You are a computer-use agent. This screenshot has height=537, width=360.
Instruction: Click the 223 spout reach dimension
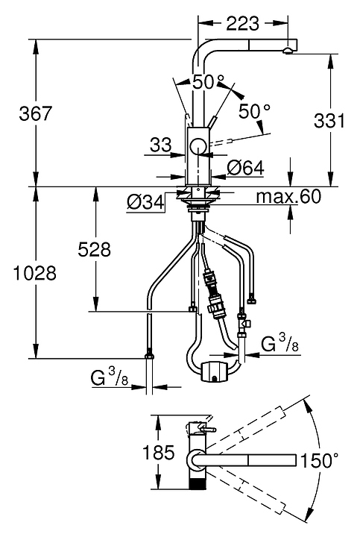(x=243, y=24)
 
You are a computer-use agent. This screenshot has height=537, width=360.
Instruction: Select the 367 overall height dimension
(x=36, y=113)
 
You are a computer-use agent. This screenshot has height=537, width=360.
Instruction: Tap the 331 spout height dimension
(x=330, y=121)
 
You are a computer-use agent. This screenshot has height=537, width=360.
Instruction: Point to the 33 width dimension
(x=160, y=145)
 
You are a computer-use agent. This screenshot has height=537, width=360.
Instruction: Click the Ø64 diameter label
(x=246, y=168)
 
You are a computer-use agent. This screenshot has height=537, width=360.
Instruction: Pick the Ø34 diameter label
(x=145, y=203)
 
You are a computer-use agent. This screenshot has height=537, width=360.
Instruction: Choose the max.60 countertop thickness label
(x=289, y=197)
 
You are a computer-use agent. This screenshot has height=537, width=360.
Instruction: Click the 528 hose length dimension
(x=95, y=249)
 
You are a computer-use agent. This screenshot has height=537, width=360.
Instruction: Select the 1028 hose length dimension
(x=34, y=273)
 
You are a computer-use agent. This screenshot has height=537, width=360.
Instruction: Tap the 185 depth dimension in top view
(x=159, y=452)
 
